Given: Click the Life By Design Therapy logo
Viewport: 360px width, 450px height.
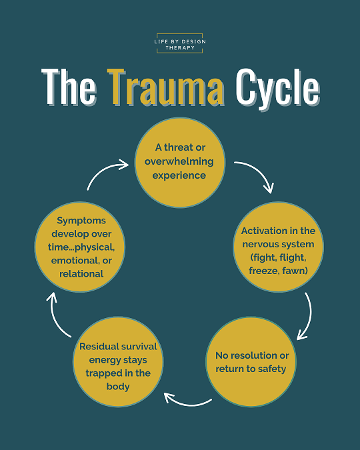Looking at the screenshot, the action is [180, 43].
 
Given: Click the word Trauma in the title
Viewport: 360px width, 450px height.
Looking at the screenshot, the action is [167, 87].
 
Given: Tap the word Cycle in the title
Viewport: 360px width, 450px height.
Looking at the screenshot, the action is [277, 89].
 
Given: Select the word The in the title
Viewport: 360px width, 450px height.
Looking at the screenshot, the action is [69, 87].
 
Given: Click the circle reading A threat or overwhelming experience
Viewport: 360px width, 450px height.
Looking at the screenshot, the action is [180, 162].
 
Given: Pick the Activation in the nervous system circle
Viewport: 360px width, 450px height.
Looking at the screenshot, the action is [278, 247].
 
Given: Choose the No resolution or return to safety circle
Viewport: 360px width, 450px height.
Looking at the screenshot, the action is [251, 361].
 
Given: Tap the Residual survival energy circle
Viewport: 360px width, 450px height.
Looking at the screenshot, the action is [118, 361].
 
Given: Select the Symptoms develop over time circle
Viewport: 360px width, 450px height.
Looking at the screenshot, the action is [80, 247].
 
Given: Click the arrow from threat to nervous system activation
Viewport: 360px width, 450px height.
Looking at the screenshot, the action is [260, 171].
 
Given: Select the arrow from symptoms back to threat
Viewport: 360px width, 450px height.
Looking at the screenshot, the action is [103, 170].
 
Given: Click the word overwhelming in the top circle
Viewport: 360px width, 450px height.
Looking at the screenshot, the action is [179, 161].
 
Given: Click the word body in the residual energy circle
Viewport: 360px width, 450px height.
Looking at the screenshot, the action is [118, 387].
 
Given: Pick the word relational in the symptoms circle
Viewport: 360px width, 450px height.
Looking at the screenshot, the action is [81, 274].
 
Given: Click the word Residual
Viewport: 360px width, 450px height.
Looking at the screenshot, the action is [96, 347].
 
